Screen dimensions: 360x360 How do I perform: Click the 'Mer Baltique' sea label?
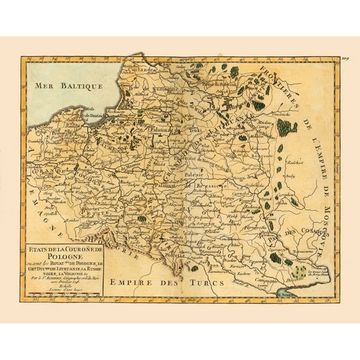[62, 83]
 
